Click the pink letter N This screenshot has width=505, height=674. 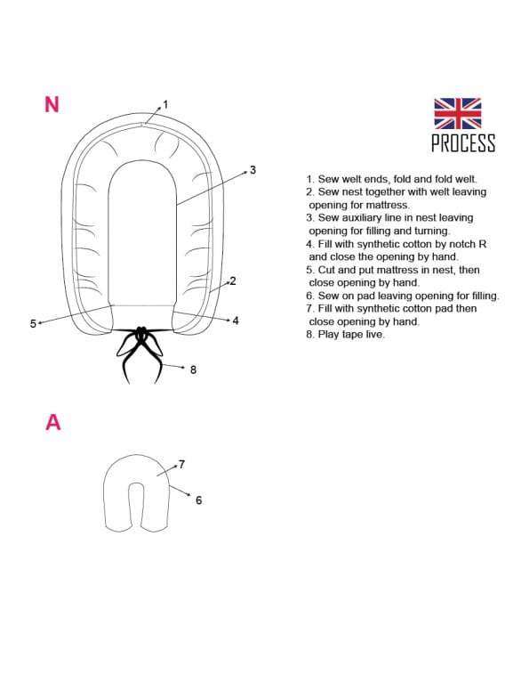pos(52,104)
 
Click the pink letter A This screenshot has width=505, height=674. pos(52,422)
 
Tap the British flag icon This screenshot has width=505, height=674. pos(457,113)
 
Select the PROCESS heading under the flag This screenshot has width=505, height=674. pos(463,143)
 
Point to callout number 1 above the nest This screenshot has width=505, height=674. pos(165,104)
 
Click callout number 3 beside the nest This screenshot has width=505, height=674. pos(252,170)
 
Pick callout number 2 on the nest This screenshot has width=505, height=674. pos(233,280)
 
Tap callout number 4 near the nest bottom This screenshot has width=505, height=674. pos(236,321)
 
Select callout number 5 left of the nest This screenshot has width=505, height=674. pos(33,324)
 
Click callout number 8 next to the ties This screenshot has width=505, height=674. pos(193,369)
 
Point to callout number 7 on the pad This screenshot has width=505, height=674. pos(182,464)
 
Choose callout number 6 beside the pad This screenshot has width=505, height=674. pos(198,499)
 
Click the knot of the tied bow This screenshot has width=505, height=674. pos(141,331)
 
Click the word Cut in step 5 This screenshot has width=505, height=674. pos(325,270)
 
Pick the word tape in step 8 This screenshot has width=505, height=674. pos(351,334)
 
